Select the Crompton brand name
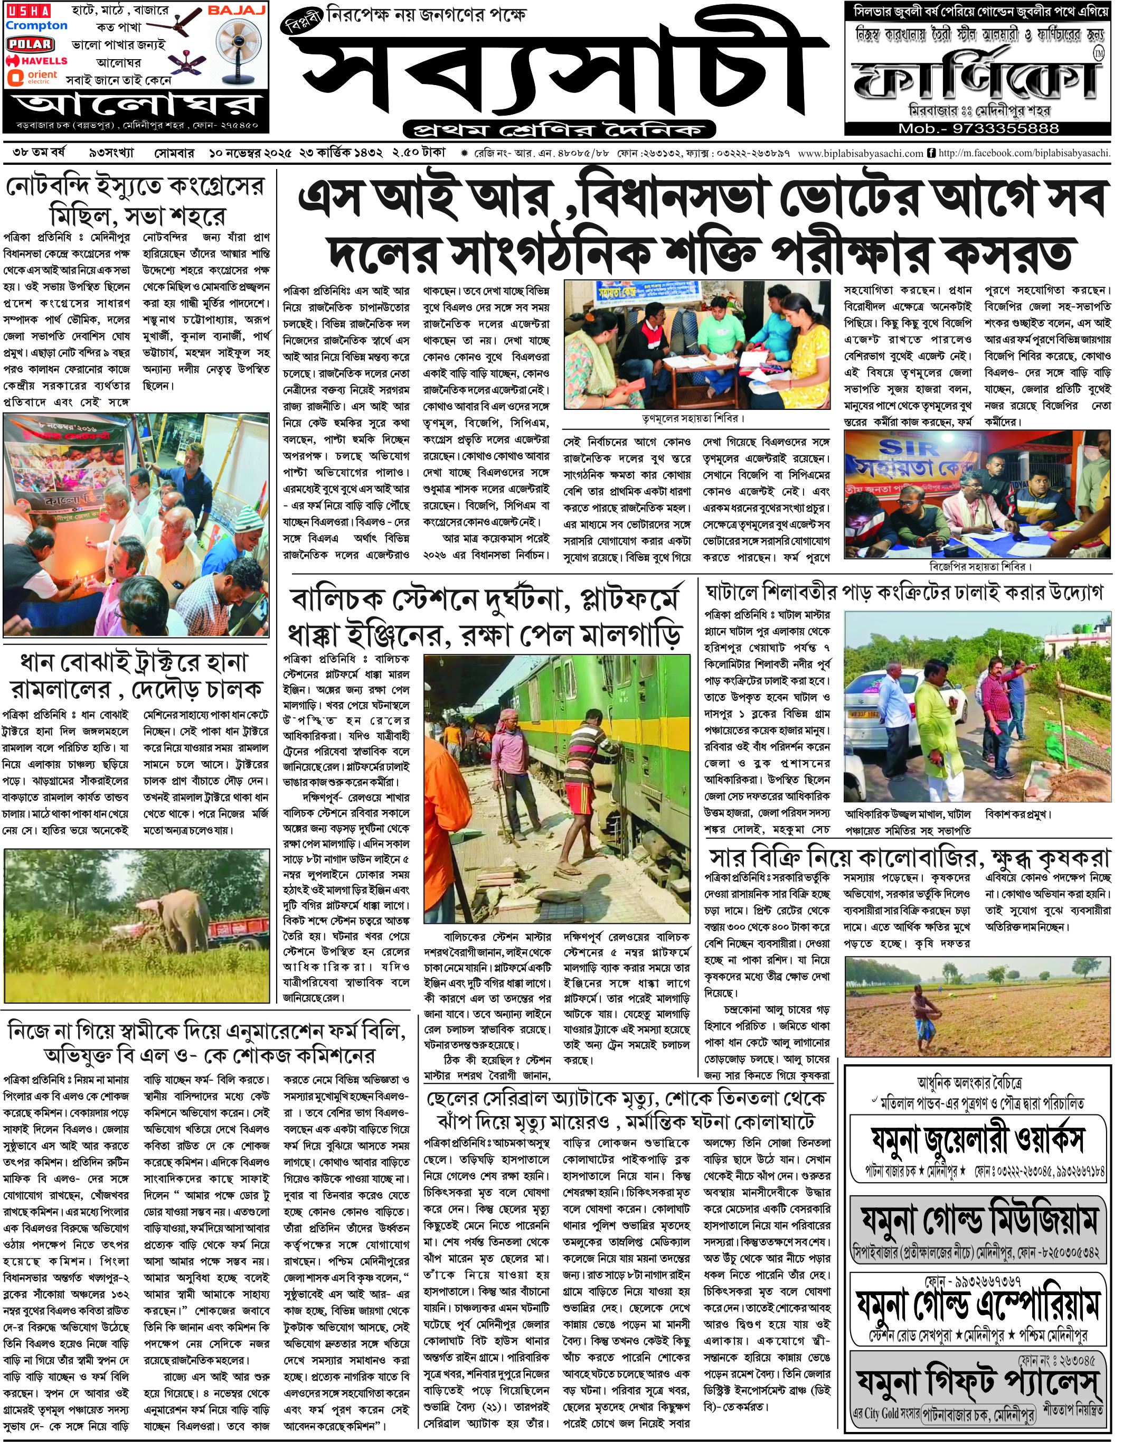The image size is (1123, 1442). pos(36,26)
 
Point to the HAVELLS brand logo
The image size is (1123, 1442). pos(36,61)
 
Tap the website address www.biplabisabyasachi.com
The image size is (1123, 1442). pos(860,154)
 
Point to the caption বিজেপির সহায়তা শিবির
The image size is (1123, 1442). pos(980,566)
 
